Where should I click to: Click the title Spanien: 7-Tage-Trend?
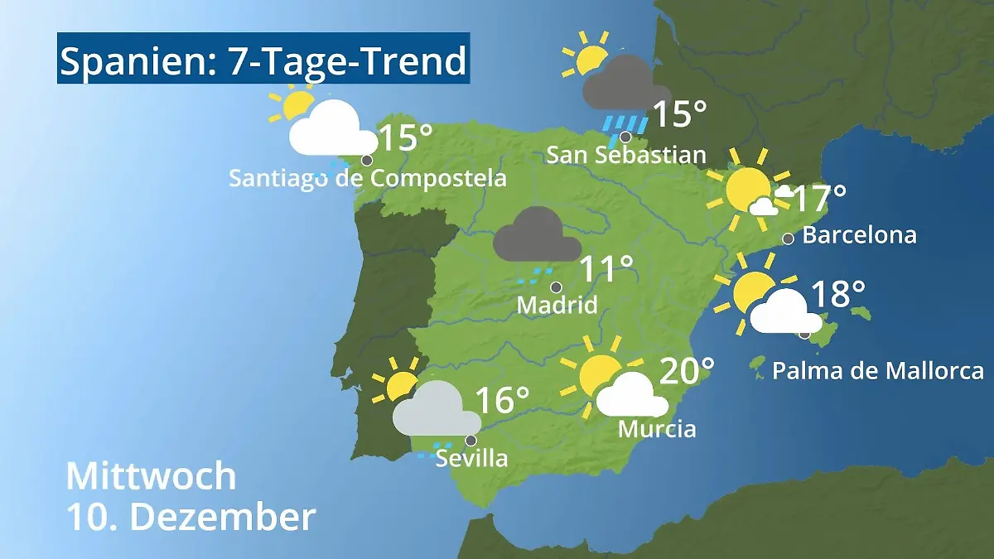263,60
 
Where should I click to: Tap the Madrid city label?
557,305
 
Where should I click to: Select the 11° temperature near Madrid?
606,270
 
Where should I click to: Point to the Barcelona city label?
859,235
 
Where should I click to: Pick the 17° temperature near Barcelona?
819,200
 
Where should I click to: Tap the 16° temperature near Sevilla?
503,400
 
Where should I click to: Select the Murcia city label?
657,429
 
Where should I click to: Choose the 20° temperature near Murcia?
687,371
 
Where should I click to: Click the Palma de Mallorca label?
878,370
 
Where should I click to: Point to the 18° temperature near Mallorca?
837,294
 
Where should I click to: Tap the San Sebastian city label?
626,155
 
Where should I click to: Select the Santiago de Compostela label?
368,178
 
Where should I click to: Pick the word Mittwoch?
151,476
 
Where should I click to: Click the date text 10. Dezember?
191,518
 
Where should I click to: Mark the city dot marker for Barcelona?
788,239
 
